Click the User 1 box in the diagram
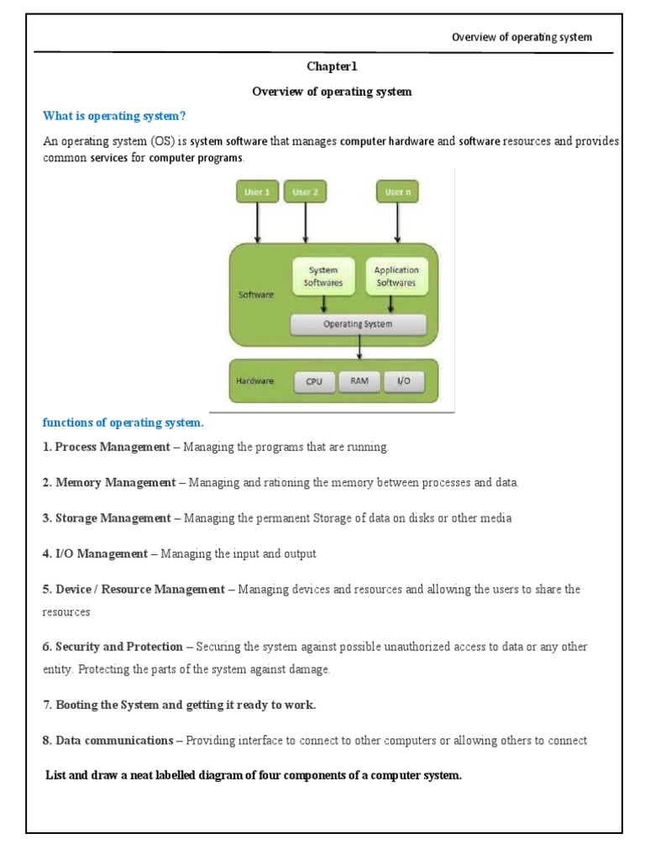coord(257,192)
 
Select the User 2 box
coord(306,192)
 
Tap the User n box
coord(398,192)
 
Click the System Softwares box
coord(323,276)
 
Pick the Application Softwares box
coord(396,276)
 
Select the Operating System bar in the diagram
coord(358,323)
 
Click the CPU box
coord(314,381)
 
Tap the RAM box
coord(359,381)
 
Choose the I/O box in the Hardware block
coord(404,381)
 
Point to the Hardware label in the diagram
coord(254,380)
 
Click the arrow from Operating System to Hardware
coord(359,346)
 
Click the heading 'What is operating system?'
coord(113,115)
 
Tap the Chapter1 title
coord(333,66)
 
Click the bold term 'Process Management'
coord(112,447)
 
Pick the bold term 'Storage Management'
coord(113,518)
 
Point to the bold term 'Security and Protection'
coord(118,647)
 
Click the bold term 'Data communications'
coord(113,741)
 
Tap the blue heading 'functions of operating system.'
coord(123,422)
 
